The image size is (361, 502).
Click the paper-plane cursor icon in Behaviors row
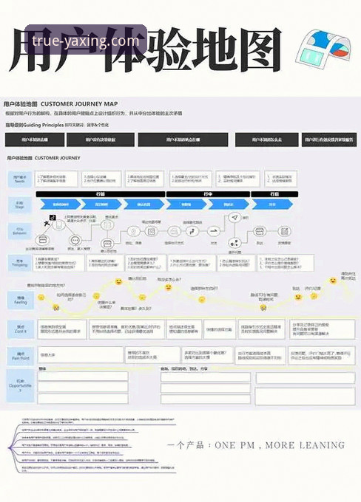click(235, 218)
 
